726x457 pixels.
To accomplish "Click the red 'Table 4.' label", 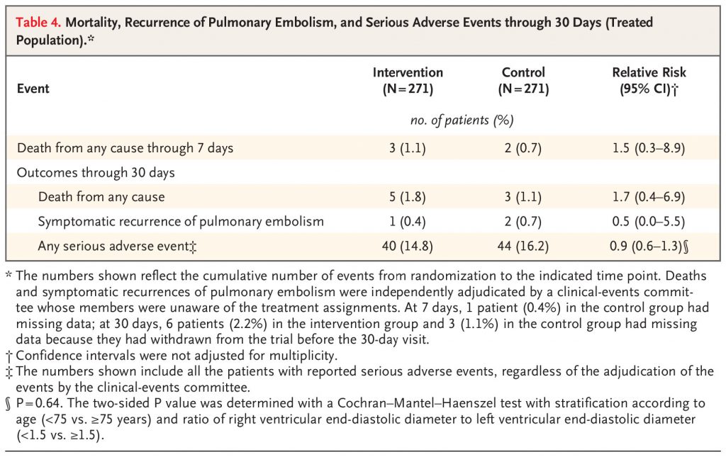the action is (38, 23).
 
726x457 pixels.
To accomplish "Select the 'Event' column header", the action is (33, 89).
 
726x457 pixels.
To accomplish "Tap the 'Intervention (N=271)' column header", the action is (408, 81).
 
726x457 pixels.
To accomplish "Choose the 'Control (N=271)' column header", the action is (524, 81).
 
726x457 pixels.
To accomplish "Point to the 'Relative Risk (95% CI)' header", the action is (649, 81).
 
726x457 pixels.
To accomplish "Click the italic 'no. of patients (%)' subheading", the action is (462, 120).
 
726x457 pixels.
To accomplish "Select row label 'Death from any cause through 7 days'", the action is (125, 148).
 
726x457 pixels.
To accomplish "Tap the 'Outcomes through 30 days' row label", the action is (96, 173).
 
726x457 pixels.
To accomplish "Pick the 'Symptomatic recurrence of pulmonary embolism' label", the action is (181, 221).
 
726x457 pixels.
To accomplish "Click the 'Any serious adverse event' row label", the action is (117, 246).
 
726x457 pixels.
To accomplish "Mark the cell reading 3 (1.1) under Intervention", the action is (408, 148).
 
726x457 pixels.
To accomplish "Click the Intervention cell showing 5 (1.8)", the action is (408, 197).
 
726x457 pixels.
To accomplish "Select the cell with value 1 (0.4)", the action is (408, 222).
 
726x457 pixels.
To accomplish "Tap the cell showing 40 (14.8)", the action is (408, 246).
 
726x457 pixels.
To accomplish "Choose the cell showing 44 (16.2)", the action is (523, 246).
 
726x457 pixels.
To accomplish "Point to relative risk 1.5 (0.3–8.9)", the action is (649, 148).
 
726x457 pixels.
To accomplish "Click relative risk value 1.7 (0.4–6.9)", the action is (649, 197).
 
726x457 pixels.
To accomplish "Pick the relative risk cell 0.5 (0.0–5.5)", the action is (649, 222).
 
